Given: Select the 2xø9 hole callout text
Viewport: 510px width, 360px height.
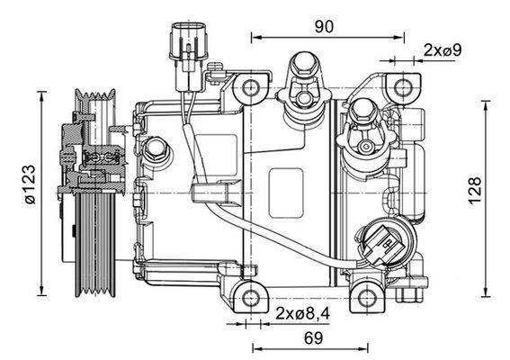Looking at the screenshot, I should [x=443, y=49].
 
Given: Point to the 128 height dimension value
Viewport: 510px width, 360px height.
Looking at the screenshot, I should [x=476, y=190].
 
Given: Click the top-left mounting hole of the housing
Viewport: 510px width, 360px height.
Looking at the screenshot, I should [x=251, y=88].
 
